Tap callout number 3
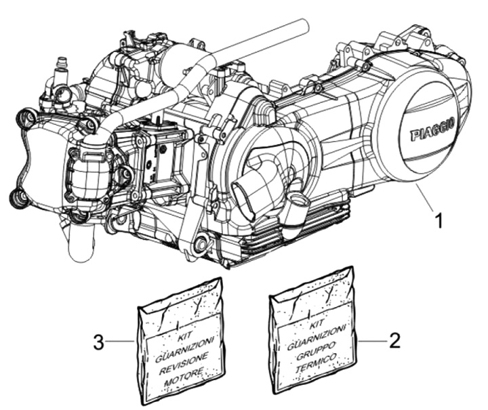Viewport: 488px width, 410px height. tap(99, 342)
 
